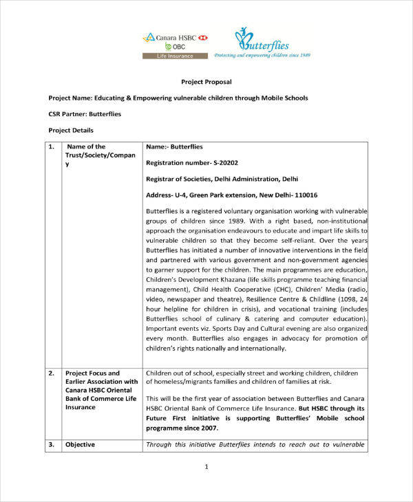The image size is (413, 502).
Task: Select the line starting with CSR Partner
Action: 85,113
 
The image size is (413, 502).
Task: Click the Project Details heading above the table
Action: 71,130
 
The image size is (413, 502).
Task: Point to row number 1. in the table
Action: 52,146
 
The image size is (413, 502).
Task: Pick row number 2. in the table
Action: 52,373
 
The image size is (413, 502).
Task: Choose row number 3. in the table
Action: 52,444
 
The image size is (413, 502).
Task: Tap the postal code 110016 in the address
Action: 302,195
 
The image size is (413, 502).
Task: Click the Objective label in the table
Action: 81,444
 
